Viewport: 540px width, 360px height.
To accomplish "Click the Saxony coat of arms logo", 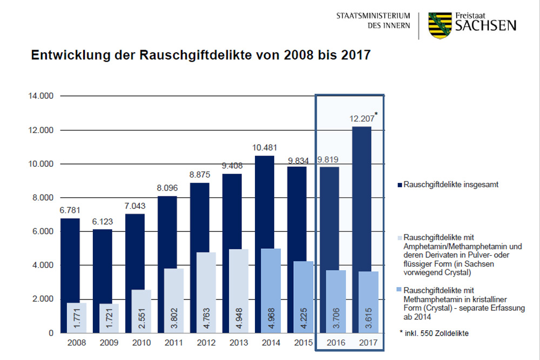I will [439, 25].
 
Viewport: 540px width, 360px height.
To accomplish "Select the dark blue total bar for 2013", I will [232, 210].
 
